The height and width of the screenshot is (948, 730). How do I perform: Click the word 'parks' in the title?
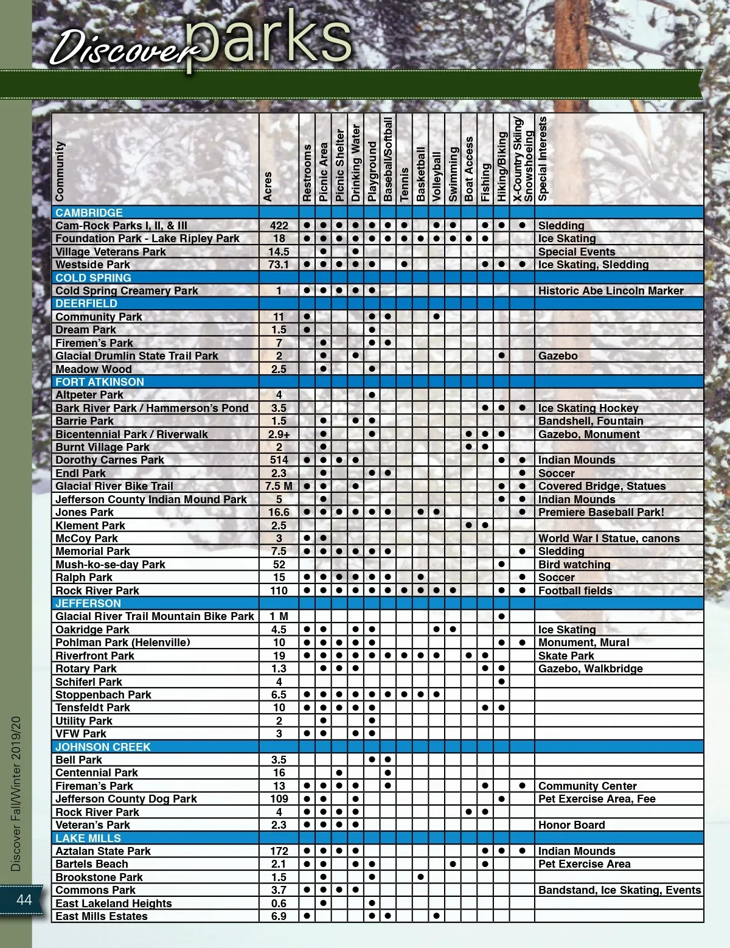pos(268,38)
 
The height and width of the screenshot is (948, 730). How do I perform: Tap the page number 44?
pos(24,899)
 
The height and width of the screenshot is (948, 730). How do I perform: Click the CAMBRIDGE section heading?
pos(89,213)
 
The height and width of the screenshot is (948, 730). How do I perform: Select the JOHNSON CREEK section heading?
pos(103,747)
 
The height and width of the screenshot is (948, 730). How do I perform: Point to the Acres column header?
pos(268,186)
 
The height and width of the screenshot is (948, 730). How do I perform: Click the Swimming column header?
pos(453,174)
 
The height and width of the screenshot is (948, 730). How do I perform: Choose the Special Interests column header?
pos(543,159)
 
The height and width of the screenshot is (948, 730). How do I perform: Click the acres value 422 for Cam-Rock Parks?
pos(279,226)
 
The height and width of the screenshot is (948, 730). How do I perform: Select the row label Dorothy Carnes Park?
pos(109,460)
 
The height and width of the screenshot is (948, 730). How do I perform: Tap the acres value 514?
pos(279,460)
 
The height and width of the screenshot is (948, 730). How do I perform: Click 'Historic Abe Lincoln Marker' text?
pos(611,291)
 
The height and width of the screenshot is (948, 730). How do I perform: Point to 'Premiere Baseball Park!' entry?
pos(601,512)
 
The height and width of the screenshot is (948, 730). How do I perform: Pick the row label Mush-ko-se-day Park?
pos(110,565)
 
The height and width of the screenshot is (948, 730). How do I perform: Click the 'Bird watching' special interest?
pos(574,565)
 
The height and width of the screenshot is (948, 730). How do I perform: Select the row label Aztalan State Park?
pos(103,851)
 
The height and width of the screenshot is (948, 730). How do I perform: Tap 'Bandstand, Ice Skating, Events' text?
pos(619,890)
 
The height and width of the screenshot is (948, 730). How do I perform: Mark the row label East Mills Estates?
pos(101,916)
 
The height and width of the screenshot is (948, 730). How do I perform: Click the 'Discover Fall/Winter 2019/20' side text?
pos(16,793)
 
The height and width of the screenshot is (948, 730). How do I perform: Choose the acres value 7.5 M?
pos(279,486)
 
